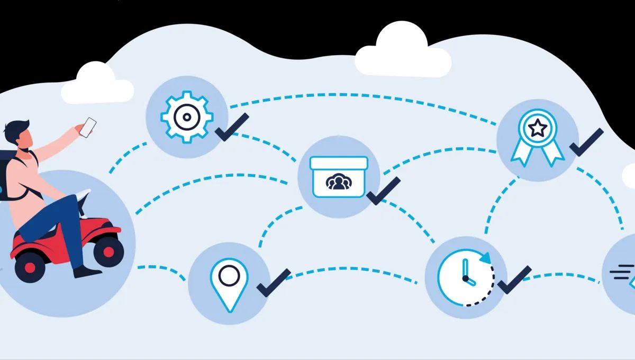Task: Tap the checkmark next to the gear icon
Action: (231, 128)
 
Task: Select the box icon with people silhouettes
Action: (338, 176)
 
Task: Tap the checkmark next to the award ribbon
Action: (585, 141)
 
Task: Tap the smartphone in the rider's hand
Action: (87, 128)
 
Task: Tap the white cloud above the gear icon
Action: (97, 84)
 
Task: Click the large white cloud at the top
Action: (402, 52)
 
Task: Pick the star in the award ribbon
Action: (538, 128)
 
